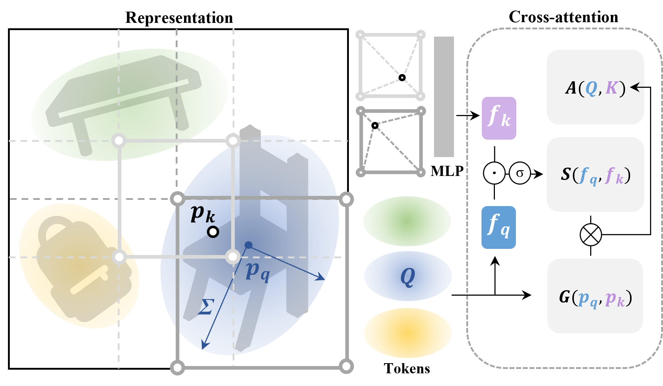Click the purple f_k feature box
coord(499,118)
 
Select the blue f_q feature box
coord(499,227)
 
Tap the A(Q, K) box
coord(595,87)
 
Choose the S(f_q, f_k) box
coord(595,174)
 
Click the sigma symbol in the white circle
coord(520,173)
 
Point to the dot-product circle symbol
coord(494,173)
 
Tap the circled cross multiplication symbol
coord(591,235)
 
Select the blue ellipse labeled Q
coord(408,276)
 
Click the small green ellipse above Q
coord(407,221)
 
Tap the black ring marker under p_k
coord(213,232)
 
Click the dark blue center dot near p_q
coord(249,245)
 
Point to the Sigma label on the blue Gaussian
coord(206,307)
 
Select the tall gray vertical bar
coord(444,96)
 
